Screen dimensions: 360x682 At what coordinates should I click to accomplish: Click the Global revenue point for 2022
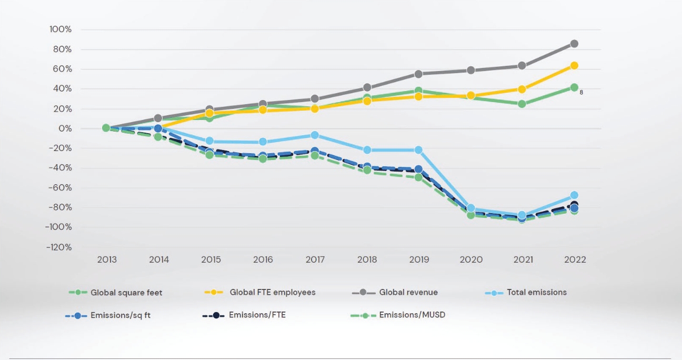click(574, 44)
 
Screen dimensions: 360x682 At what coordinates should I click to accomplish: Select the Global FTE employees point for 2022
click(574, 66)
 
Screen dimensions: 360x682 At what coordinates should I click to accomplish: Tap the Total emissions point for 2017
click(315, 135)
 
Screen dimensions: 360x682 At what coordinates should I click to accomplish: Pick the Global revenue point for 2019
click(418, 74)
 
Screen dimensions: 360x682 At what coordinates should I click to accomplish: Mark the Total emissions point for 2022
click(574, 195)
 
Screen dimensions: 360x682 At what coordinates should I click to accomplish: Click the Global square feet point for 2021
click(522, 104)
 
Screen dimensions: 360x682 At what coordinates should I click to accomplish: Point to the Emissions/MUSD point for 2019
click(418, 177)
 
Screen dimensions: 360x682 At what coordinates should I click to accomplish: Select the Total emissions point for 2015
click(210, 141)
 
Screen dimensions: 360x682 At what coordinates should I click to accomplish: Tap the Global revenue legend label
click(408, 292)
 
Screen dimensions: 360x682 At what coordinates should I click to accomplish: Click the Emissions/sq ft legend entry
click(121, 316)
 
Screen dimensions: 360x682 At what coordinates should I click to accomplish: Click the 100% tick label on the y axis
click(61, 29)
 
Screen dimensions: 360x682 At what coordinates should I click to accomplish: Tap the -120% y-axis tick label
click(59, 247)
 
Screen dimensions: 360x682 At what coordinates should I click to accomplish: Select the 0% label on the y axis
click(64, 128)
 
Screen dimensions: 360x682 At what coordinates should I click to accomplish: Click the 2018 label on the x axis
click(367, 260)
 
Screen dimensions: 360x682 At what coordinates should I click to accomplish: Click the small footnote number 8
click(581, 92)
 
